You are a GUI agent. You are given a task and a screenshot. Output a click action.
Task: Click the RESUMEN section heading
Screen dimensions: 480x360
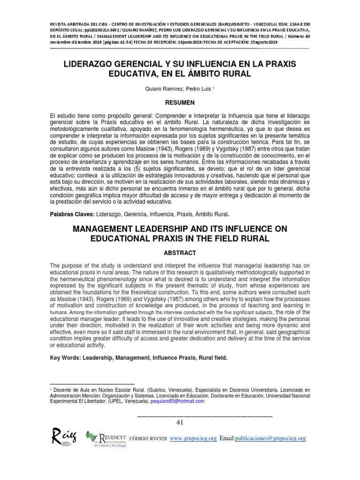tap(180, 102)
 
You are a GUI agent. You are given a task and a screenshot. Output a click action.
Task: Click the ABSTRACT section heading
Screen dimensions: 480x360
tap(180, 252)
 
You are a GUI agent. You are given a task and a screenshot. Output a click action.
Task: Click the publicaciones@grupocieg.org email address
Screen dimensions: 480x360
tap(270, 438)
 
